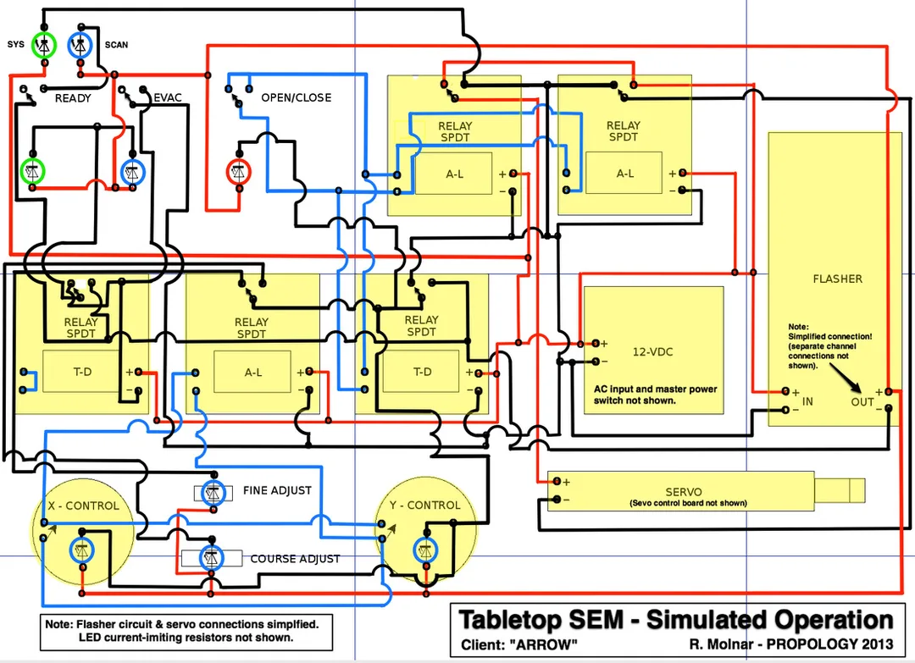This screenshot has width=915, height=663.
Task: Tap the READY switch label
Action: [73, 98]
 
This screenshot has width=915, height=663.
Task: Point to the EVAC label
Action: [168, 97]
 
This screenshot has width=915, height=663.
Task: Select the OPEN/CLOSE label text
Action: [296, 97]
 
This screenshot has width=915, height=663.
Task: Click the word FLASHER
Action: [837, 279]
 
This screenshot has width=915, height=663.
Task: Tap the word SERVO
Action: [682, 492]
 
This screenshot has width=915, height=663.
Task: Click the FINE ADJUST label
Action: [277, 490]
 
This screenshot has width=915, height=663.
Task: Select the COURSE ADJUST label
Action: [295, 559]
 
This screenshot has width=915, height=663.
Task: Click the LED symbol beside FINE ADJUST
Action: [212, 493]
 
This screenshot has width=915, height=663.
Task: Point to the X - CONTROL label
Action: [83, 506]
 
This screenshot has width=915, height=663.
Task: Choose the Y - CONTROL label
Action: [425, 506]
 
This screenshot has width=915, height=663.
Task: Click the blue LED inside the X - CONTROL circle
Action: [82, 550]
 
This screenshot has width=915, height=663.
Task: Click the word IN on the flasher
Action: [807, 401]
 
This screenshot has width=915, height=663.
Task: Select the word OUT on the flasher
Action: [862, 401]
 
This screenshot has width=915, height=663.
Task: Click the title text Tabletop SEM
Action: [551, 619]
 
